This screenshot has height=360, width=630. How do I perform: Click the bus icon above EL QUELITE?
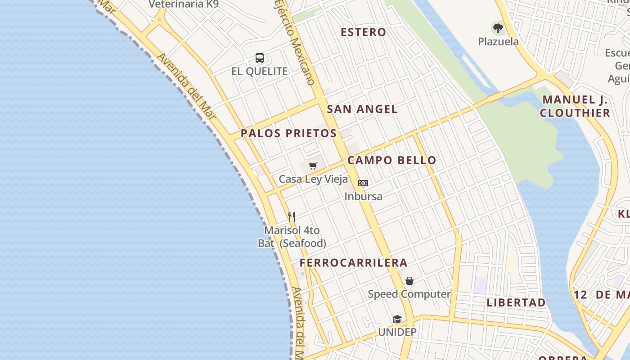click(260, 58)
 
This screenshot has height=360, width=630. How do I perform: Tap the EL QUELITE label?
click(260, 71)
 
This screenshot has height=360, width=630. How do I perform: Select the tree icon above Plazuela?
click(498, 28)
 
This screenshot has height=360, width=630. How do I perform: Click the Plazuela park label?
click(498, 41)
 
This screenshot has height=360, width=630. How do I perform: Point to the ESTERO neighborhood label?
click(363, 32)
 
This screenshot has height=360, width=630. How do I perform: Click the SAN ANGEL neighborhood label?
click(362, 109)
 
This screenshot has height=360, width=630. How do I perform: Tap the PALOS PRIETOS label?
click(288, 133)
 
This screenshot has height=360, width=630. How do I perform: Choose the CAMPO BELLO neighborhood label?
click(391, 160)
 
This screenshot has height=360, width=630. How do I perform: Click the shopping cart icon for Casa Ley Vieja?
click(313, 166)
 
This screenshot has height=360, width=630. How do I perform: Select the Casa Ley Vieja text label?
click(313, 179)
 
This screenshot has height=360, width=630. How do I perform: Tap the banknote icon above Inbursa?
click(363, 183)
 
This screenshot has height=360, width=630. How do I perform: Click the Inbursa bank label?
click(363, 196)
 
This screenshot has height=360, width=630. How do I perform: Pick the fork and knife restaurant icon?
click(292, 217)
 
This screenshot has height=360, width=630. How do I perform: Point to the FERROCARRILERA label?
click(354, 263)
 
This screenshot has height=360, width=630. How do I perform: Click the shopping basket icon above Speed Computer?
click(409, 281)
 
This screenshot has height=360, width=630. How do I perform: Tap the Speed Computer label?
click(409, 294)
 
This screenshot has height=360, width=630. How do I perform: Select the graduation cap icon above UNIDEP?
click(397, 319)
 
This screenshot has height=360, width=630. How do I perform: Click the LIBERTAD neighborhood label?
click(516, 302)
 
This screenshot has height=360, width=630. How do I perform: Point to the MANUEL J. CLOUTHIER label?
click(575, 106)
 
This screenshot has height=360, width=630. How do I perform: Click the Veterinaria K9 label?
click(183, 4)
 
